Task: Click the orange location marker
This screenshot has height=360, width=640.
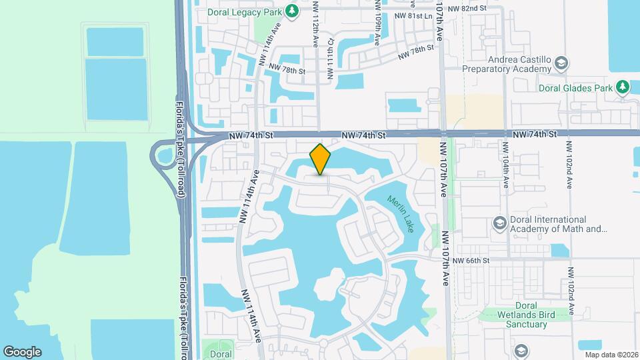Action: click(321, 159)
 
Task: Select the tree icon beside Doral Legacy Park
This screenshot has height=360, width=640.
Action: click(291, 11)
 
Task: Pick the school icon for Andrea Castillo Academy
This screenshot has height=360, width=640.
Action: click(561, 63)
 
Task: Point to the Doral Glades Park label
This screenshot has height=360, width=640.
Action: click(576, 87)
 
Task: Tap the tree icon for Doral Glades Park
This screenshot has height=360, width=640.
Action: click(623, 87)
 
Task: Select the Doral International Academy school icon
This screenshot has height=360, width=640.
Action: click(498, 223)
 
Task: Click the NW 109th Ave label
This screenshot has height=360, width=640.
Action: click(378, 27)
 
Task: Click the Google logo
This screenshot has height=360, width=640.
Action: click(22, 352)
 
